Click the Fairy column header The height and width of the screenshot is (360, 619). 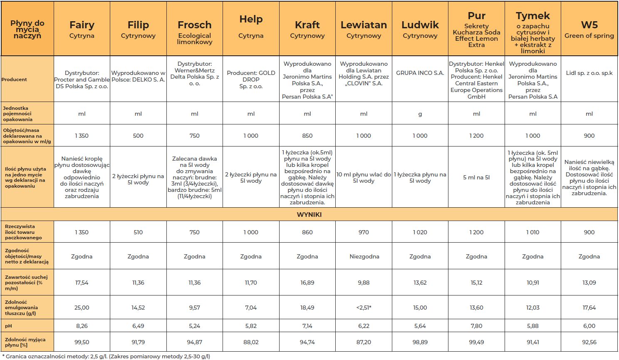tap(82, 29)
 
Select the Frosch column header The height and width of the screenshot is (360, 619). tap(195, 31)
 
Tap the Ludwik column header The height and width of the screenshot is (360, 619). tap(420, 29)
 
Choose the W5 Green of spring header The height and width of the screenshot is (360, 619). tap(589, 29)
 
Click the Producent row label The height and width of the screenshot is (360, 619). tap(14, 79)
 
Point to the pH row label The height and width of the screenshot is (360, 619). tap(8, 326)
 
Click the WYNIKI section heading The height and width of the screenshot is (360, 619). tap(309, 215)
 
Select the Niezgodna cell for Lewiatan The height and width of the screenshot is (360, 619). tap(364, 256)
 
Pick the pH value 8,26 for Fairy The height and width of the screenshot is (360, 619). tap(82, 326)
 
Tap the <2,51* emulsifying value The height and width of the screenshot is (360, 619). tap(364, 308)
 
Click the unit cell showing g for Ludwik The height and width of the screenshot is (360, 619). tap(420, 114)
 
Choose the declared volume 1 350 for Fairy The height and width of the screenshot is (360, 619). tap(82, 136)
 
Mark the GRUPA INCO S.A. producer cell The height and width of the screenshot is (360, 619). tap(420, 73)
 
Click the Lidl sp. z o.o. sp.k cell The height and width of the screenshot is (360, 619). tap(589, 73)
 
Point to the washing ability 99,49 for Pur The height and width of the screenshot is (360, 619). tap(476, 342)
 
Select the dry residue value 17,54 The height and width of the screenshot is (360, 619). tap(82, 283)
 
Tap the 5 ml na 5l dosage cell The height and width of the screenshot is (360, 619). tap(476, 177)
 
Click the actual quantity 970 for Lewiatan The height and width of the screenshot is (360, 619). tap(364, 232)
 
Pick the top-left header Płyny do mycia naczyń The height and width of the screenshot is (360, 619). tap(27, 29)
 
